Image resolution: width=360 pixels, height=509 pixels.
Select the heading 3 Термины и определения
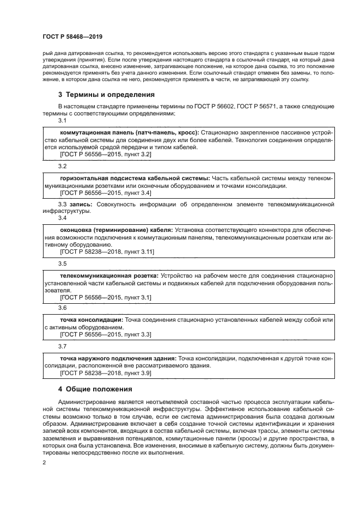click(x=106, y=94)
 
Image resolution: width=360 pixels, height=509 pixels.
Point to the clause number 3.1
click(x=62, y=120)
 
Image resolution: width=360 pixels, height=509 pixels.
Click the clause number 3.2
click(x=62, y=165)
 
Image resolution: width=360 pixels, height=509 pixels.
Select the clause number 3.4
click(x=62, y=218)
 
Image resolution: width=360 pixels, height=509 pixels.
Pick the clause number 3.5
click(x=62, y=263)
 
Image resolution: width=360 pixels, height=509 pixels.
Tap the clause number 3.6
click(x=62, y=308)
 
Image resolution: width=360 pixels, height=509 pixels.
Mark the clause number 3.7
click(x=62, y=346)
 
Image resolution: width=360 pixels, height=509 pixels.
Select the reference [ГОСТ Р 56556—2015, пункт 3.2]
click(x=105, y=155)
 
